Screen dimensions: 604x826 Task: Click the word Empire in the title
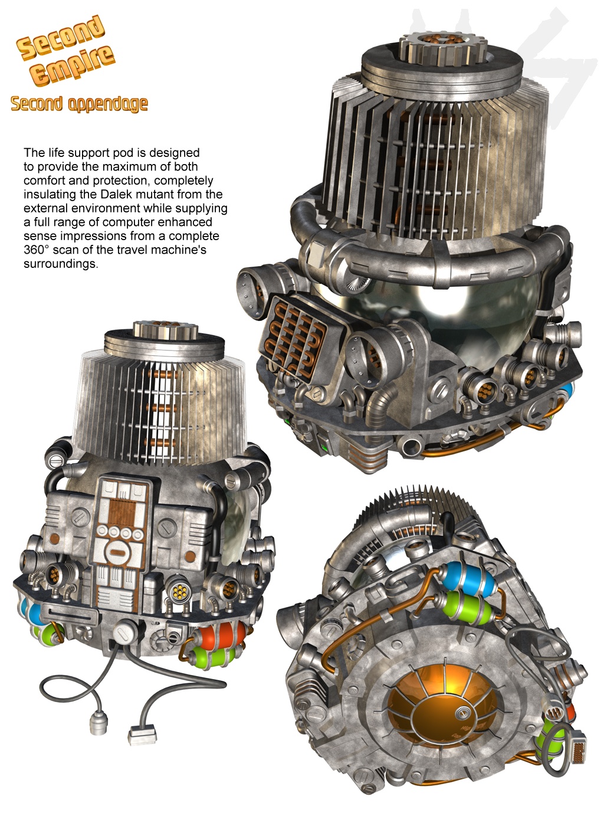pyautogui.click(x=73, y=65)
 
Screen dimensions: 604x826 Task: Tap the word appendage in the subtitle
pyautogui.click(x=108, y=104)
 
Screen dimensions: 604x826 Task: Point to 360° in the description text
pyautogui.click(x=37, y=250)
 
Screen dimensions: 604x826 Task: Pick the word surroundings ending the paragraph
pyautogui.click(x=61, y=264)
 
